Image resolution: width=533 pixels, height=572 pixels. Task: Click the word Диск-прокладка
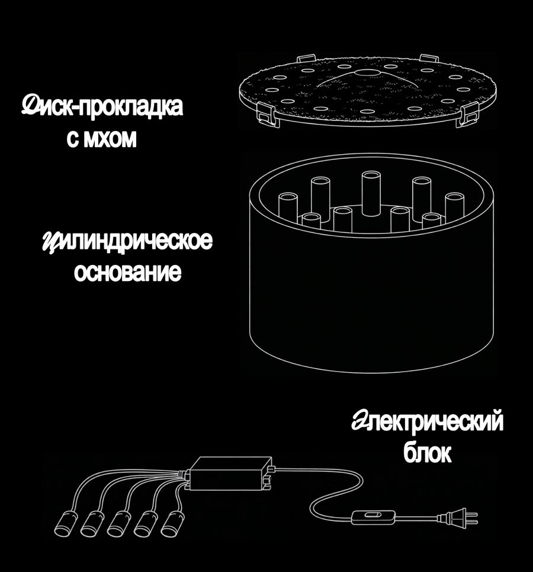(x=102, y=106)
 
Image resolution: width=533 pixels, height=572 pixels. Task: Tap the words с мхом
(x=102, y=139)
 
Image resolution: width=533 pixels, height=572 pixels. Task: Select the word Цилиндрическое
(x=127, y=241)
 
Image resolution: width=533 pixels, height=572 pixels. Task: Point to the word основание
(x=127, y=272)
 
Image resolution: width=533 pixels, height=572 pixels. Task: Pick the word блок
(x=427, y=453)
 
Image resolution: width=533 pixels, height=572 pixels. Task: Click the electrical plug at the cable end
(x=458, y=518)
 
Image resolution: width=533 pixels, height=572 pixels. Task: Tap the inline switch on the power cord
(x=373, y=517)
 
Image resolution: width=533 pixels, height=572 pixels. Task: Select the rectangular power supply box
(x=230, y=474)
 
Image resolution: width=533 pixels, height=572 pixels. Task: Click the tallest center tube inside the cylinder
(x=371, y=193)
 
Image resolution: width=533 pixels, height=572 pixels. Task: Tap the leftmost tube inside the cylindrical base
(x=288, y=208)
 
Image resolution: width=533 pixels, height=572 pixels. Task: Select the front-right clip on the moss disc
(x=468, y=114)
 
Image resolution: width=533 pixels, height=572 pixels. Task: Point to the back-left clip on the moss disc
(x=306, y=58)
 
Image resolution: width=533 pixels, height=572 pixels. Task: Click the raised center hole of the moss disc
(x=368, y=72)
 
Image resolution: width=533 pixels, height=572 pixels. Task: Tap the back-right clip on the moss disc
(x=429, y=58)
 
